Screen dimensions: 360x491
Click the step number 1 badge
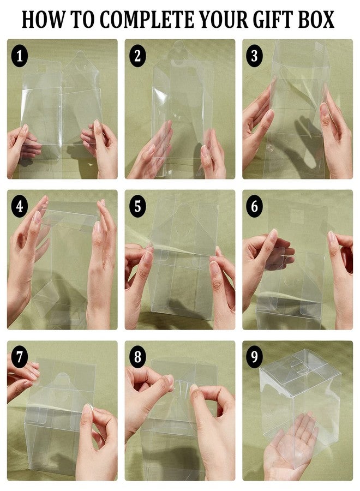pos(20,56)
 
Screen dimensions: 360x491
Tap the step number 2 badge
pos(137,56)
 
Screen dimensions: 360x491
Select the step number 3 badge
pos(254,56)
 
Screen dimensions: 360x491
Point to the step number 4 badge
pos(20,207)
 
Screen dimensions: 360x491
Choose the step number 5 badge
pos(137,207)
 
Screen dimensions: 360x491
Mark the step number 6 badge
pos(254,207)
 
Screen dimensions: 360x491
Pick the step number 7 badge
pos(20,357)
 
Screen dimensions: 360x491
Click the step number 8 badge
pos(137,357)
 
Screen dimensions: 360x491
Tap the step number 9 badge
pos(254,357)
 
